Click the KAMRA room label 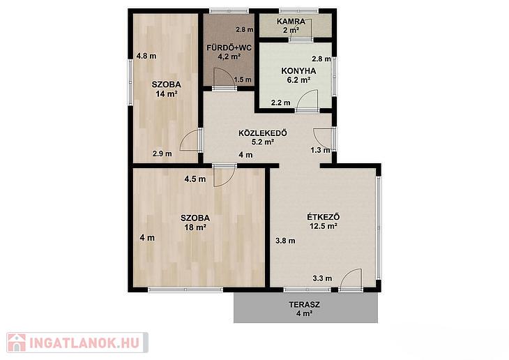291,22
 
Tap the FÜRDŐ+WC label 229,47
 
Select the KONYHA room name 298,71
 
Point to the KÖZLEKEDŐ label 263,133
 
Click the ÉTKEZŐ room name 324,217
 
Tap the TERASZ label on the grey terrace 305,305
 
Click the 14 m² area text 167,94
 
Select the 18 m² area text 195,227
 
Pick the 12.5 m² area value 324,226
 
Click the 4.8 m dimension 146,56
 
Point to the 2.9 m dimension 162,153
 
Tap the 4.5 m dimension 195,179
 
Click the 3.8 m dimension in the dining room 285,241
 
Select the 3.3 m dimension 322,278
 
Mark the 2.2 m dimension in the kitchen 281,103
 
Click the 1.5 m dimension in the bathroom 243,80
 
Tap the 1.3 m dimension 321,150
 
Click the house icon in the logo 17,343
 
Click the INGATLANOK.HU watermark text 84,343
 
